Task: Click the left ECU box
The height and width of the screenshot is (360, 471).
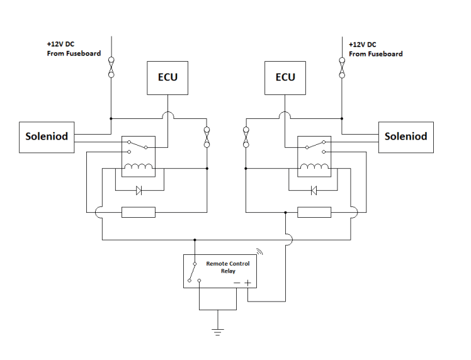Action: pos(167,77)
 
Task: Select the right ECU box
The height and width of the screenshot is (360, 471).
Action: pos(285,77)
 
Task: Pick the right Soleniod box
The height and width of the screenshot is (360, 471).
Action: pos(406,137)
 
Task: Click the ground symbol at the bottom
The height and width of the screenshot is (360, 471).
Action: pos(218,332)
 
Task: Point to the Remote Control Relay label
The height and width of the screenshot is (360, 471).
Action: pos(227,267)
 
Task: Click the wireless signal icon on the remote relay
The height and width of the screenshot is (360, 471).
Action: pos(259,253)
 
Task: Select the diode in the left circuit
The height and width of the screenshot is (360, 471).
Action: pos(139,190)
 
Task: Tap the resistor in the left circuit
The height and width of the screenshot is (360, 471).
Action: pos(138,213)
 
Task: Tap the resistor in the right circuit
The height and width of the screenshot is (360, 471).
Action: pos(314,213)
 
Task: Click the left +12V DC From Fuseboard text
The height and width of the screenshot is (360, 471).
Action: pos(74,50)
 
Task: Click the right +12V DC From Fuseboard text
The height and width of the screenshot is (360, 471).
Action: pos(375,50)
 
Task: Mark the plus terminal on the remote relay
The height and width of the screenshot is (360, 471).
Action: pos(247,283)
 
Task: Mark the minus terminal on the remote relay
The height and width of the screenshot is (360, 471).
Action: pos(237,283)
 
